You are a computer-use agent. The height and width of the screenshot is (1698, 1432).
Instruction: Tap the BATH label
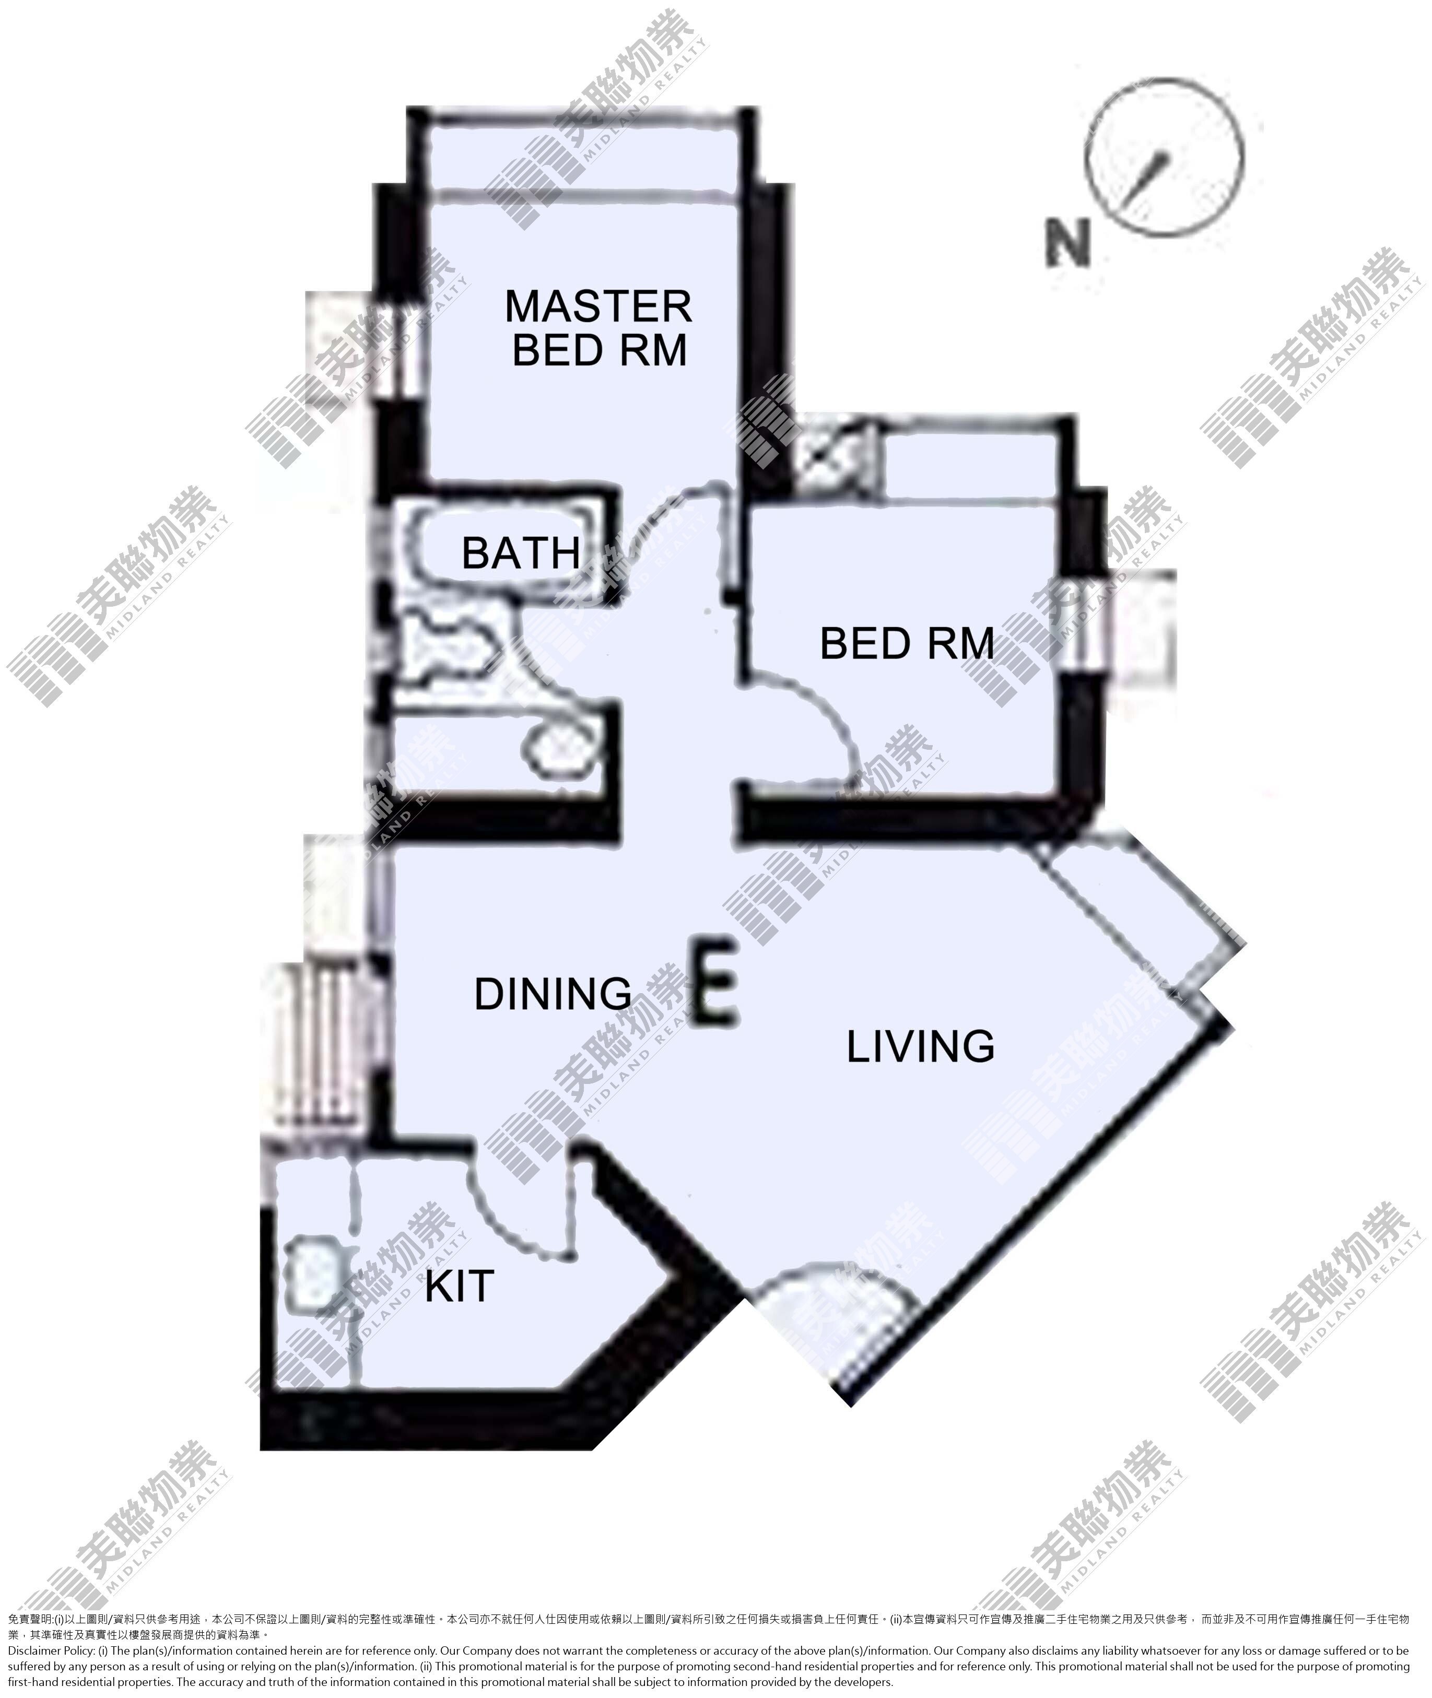521,553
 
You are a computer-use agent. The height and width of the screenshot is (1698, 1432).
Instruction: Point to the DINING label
553,994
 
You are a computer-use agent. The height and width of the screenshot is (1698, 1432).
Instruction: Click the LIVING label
921,1046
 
